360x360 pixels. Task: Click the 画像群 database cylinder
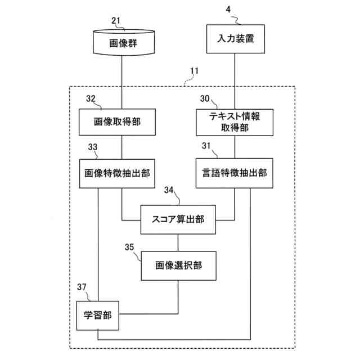click(x=124, y=43)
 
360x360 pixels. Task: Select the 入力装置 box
click(x=236, y=39)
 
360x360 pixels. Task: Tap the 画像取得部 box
click(x=117, y=122)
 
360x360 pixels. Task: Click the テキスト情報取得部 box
click(x=235, y=122)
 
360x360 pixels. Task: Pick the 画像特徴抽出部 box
click(x=117, y=173)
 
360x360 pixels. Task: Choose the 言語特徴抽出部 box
click(x=235, y=173)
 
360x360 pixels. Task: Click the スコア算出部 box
click(x=178, y=219)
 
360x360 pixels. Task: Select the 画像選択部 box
click(x=179, y=265)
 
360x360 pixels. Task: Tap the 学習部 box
click(x=98, y=316)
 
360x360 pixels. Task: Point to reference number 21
click(x=116, y=21)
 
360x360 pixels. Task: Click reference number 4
click(x=228, y=10)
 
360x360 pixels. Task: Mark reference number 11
click(x=194, y=71)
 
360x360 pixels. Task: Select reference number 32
click(x=91, y=99)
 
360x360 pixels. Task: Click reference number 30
click(x=205, y=99)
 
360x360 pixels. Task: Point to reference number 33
click(x=93, y=147)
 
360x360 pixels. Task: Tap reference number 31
click(x=206, y=146)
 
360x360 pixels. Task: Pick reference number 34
click(x=169, y=190)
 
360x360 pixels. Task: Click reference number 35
click(x=129, y=247)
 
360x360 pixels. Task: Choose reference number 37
click(x=82, y=287)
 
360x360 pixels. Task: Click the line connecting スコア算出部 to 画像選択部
click(x=178, y=242)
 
